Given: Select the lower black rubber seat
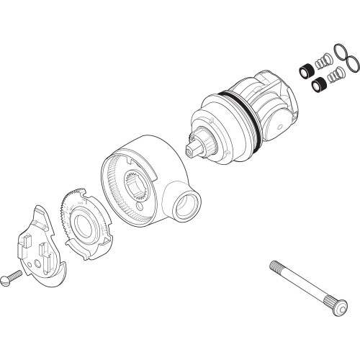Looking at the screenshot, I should pyautogui.click(x=317, y=86).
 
